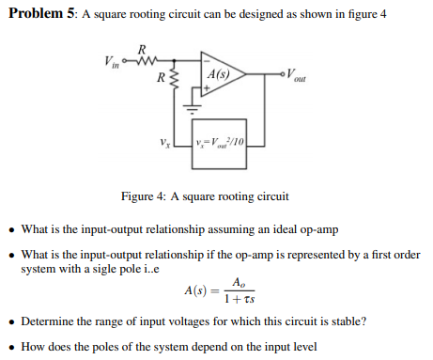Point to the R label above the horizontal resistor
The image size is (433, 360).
(x=142, y=49)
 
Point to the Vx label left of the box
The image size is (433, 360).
(x=167, y=142)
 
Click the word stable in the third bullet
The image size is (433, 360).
(x=341, y=321)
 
